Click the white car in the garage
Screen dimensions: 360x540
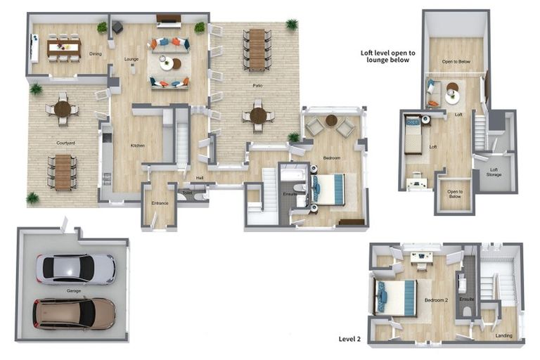(75, 269)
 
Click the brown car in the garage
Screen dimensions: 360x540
(74, 314)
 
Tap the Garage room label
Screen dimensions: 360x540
(74, 290)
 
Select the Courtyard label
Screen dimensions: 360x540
(66, 143)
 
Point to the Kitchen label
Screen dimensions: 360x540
(137, 146)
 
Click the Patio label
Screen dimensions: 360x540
(257, 85)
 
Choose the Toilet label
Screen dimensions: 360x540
(187, 192)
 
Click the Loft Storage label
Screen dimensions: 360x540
(494, 171)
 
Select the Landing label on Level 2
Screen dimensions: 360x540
(503, 335)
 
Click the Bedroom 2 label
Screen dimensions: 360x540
(436, 300)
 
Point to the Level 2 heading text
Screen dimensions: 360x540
(349, 339)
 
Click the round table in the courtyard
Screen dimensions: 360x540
(63, 109)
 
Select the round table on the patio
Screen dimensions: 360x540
(258, 115)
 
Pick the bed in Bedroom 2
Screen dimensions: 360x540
(396, 297)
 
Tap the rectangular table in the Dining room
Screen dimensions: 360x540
(64, 46)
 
